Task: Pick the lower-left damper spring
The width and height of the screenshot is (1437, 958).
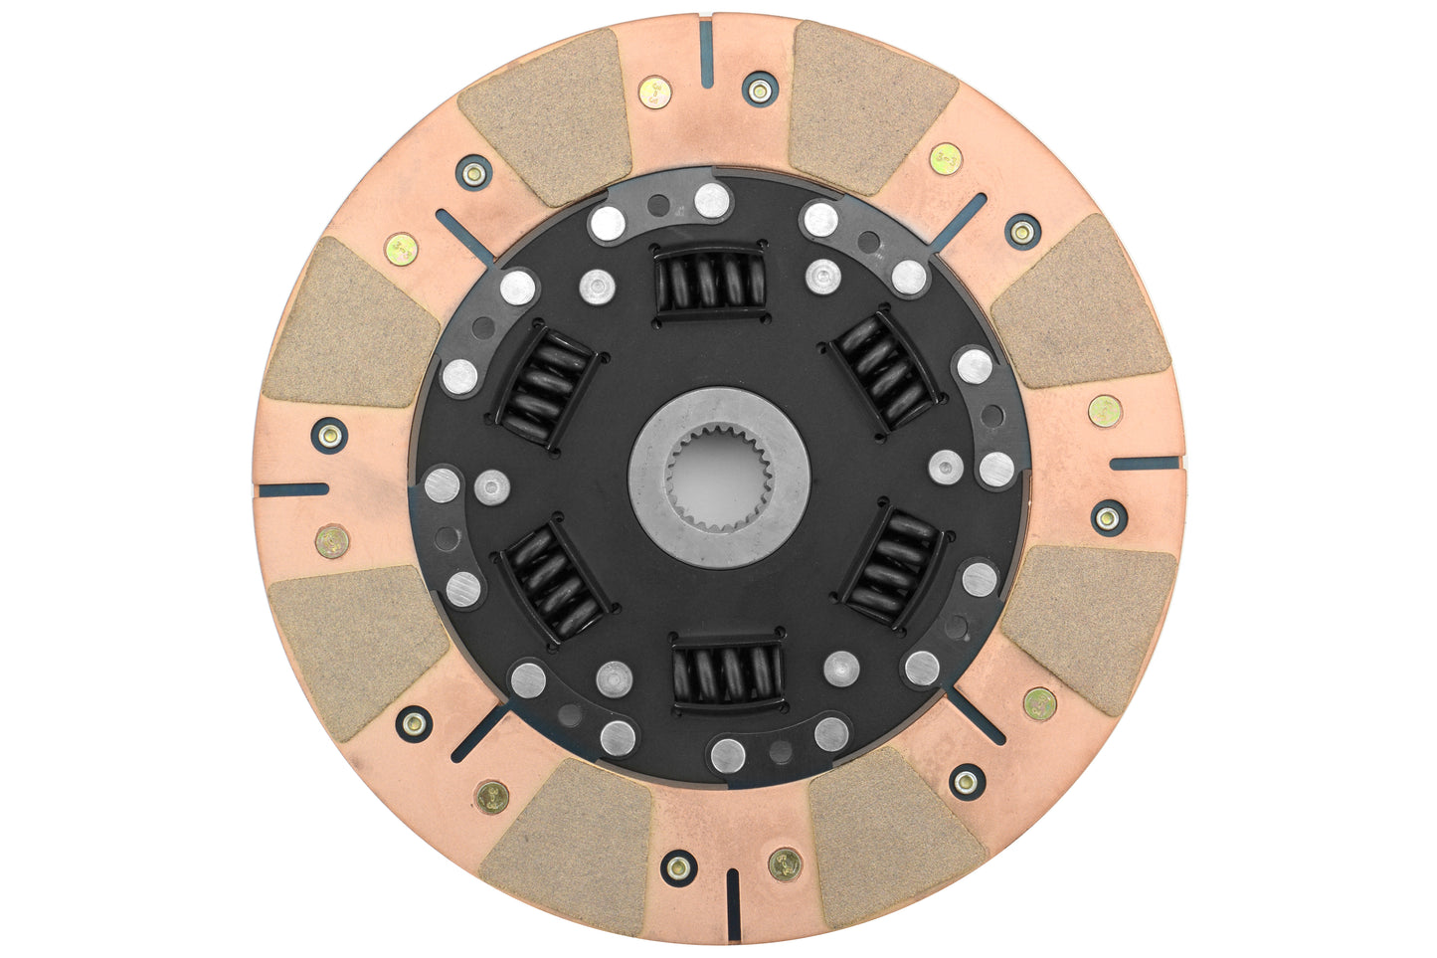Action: [x=555, y=581]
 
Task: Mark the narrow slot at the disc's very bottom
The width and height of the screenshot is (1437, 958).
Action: [x=733, y=903]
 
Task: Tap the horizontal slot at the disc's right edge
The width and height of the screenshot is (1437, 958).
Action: [x=1145, y=464]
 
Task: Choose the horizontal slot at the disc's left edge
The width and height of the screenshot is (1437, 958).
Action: [x=292, y=489]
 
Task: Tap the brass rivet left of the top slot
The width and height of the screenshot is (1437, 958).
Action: [x=654, y=94]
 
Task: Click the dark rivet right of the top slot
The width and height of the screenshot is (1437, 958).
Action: [x=760, y=90]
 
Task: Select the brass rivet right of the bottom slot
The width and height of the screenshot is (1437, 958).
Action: [x=785, y=863]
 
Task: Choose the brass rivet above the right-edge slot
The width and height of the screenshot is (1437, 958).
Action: [x=1105, y=410]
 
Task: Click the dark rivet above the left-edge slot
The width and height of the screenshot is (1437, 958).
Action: [x=329, y=435]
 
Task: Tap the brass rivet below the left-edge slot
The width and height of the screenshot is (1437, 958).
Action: [x=331, y=541]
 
